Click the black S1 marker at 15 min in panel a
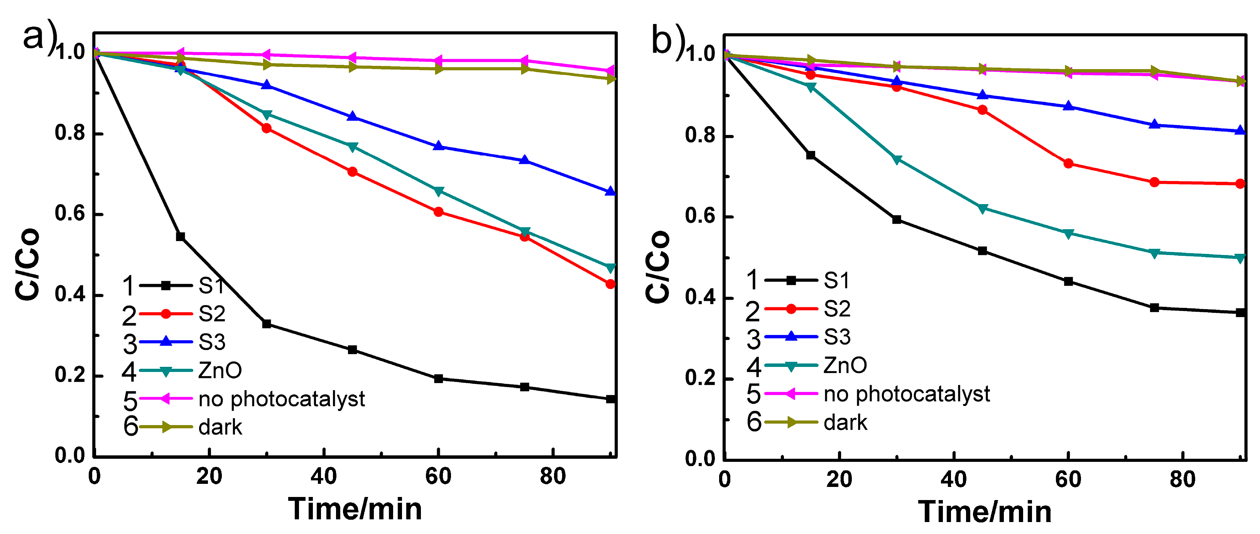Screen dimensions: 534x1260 tap(181, 237)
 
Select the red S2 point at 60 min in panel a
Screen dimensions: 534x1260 tap(438, 212)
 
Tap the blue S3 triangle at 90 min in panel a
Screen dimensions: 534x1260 tap(610, 192)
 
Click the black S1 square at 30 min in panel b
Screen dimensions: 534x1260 tap(897, 220)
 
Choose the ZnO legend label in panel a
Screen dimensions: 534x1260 tap(220, 371)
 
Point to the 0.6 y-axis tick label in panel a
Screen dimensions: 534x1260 tap(70, 214)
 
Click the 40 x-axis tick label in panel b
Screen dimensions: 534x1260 tap(953, 480)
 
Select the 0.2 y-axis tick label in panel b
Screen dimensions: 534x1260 tap(700, 379)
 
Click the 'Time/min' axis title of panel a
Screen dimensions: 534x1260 tap(355, 509)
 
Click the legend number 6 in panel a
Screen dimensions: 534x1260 tap(130, 427)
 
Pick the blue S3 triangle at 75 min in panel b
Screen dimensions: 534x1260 tap(1154, 125)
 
